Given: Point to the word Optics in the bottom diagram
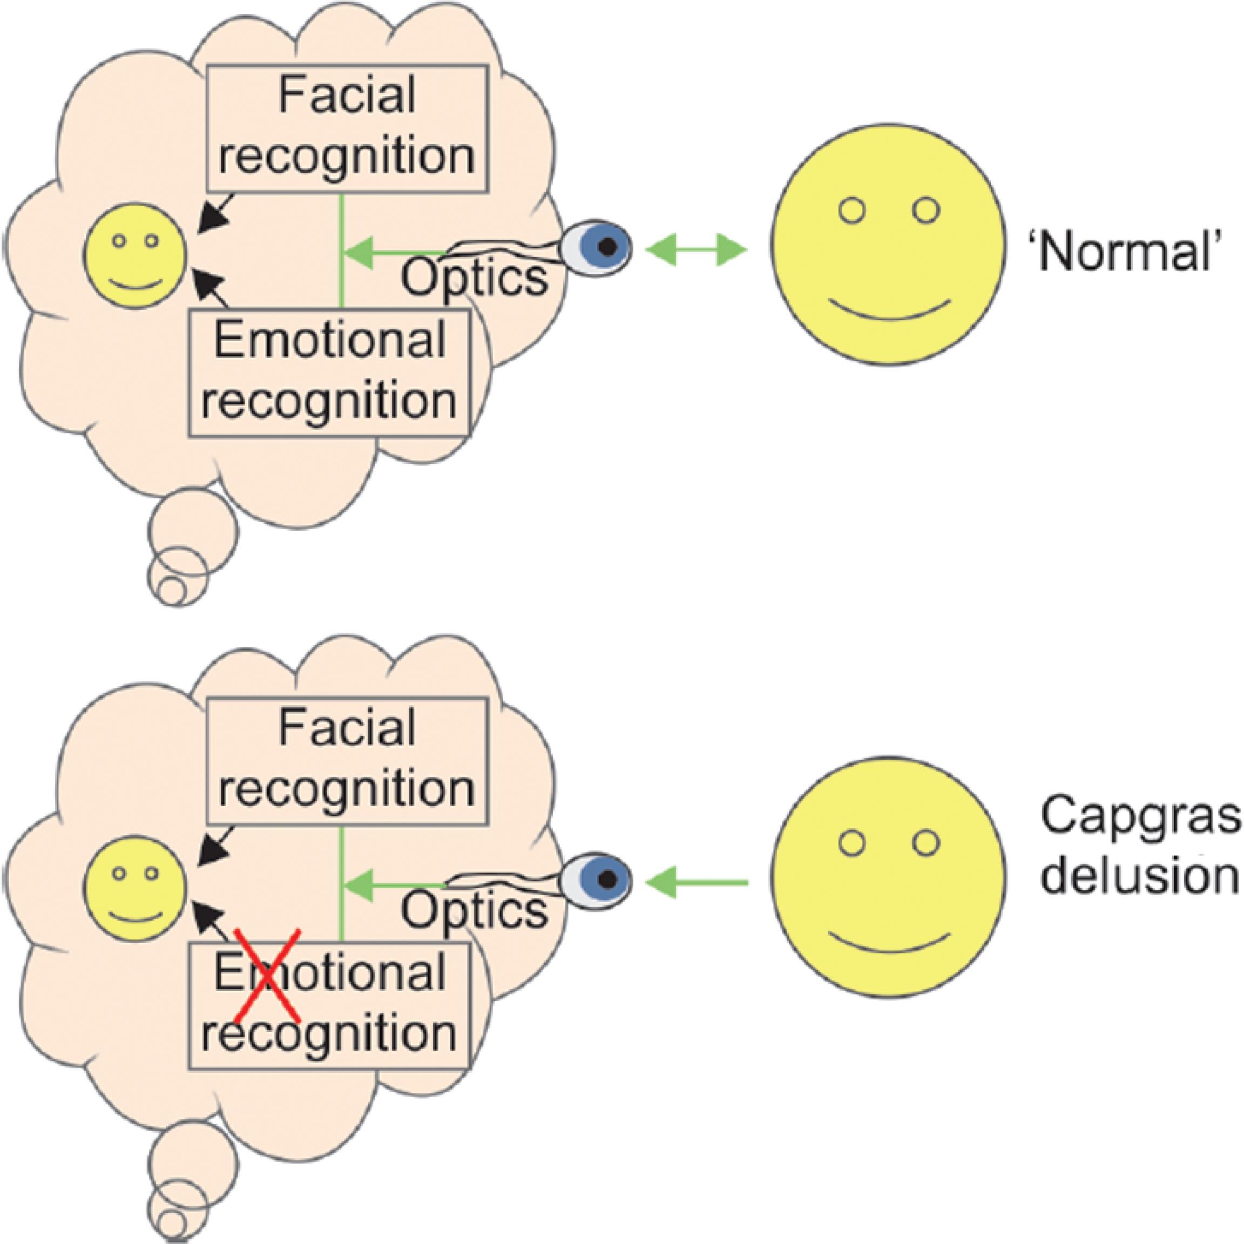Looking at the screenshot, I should [x=475, y=910].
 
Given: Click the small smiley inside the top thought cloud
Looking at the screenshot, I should [x=137, y=255].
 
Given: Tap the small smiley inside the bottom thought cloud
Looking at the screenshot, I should [x=137, y=889].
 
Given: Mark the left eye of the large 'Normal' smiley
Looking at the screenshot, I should [x=853, y=211].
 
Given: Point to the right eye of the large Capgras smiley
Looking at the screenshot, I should [x=926, y=843].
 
